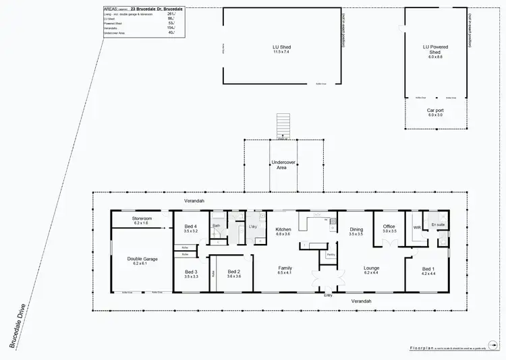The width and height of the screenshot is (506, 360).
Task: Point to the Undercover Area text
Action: (x=281, y=164)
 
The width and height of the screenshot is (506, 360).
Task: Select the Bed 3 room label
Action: (x=191, y=274)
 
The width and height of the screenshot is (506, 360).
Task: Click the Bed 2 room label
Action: (x=233, y=274)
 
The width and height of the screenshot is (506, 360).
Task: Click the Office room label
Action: (x=389, y=228)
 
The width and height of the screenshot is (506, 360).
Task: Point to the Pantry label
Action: (x=331, y=254)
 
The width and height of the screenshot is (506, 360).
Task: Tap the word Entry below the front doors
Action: (x=328, y=295)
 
